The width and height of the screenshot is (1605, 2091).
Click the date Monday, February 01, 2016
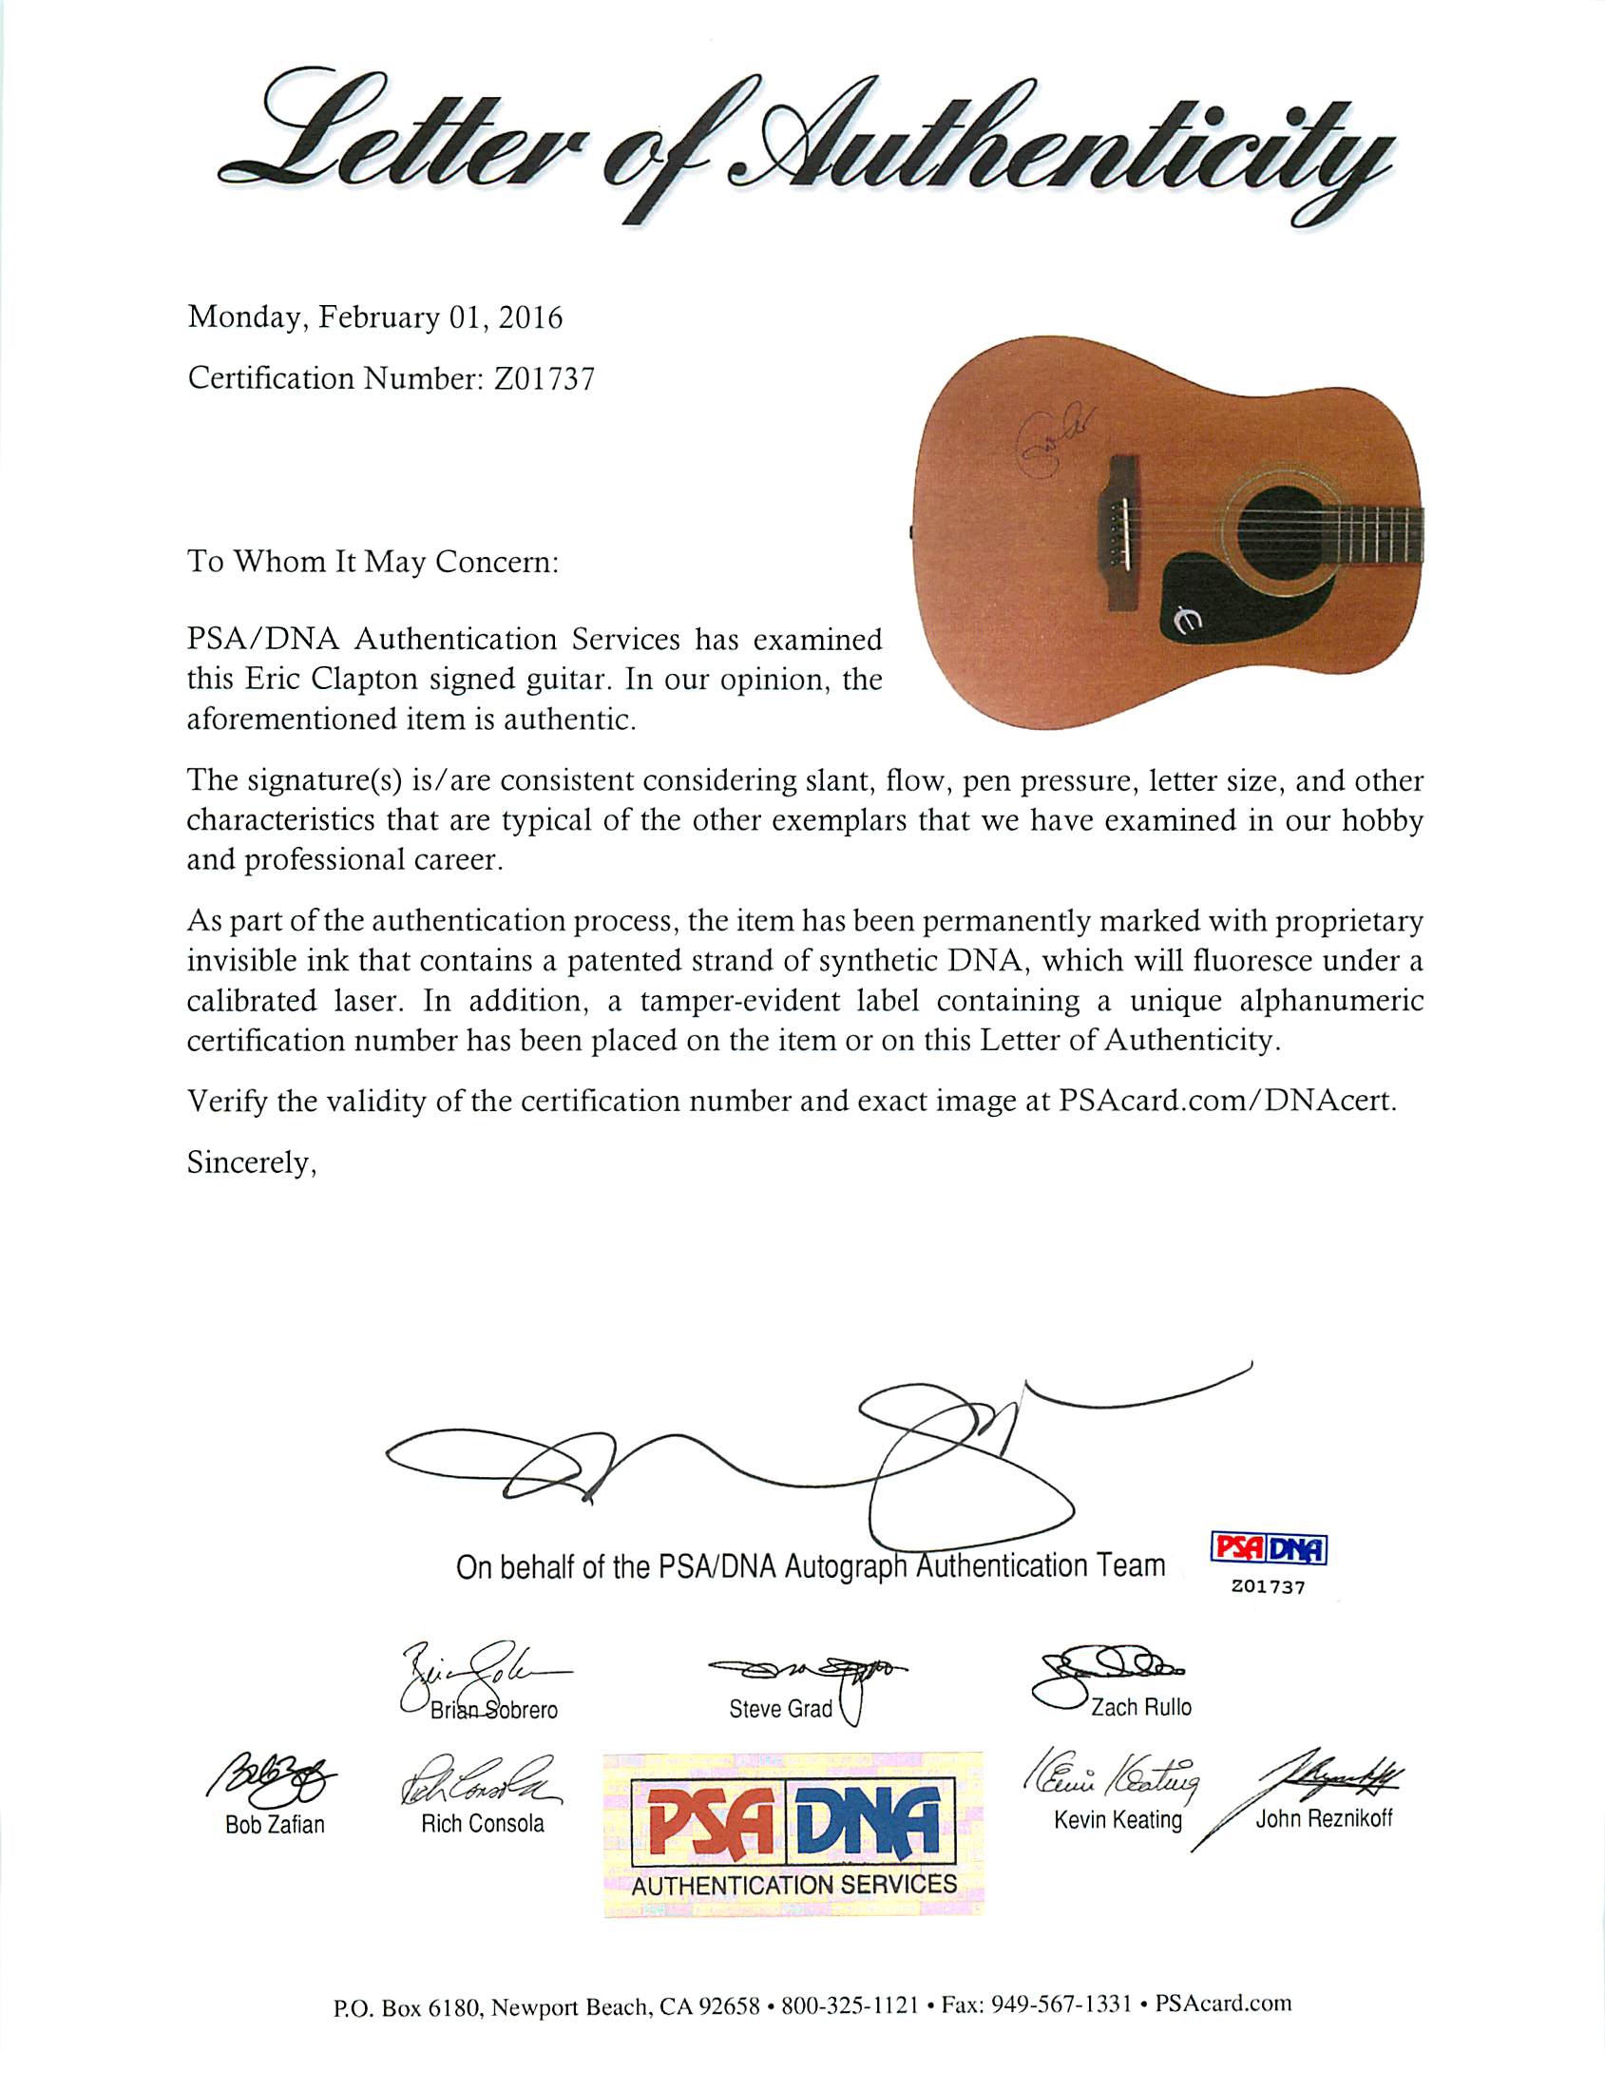coord(374,317)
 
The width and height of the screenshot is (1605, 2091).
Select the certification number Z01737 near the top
coord(544,379)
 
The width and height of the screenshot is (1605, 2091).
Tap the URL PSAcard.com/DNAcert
coord(1227,1101)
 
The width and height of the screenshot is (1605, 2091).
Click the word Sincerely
coord(251,1163)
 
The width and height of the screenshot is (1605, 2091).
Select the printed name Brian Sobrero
coord(493,1710)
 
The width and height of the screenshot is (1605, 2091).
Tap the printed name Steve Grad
coord(780,1709)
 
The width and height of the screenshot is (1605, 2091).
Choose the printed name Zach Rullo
coord(1140,1707)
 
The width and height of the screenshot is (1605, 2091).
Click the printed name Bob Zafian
coord(276,1824)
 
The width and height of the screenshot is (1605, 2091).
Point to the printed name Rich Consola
coord(483,1823)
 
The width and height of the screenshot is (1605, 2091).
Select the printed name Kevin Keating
coord(1118,1819)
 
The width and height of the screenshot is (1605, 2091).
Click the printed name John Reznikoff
coord(1323,1817)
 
